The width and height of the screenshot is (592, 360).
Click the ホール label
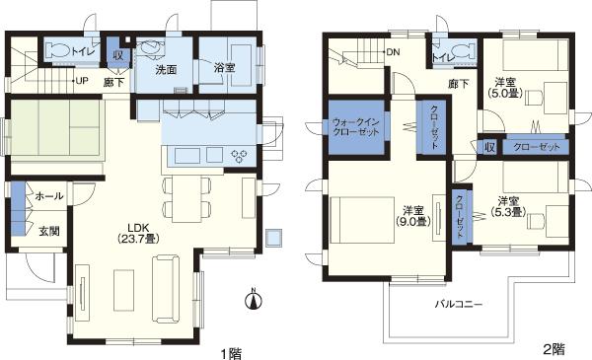[x=49, y=196]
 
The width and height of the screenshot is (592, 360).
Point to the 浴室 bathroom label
[x=226, y=69]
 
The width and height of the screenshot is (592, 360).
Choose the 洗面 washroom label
[x=165, y=70]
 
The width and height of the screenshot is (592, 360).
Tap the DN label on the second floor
[x=393, y=51]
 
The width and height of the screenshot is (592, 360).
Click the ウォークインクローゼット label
[x=358, y=130]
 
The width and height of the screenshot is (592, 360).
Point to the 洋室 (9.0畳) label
[x=413, y=216]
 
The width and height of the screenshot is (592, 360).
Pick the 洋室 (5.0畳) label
[x=504, y=88]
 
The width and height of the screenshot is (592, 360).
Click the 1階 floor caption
[x=230, y=349]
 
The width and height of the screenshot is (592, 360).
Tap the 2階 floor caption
[x=554, y=349]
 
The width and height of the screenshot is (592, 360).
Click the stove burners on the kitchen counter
[x=240, y=155]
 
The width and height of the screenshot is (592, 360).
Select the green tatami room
[x=56, y=128]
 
